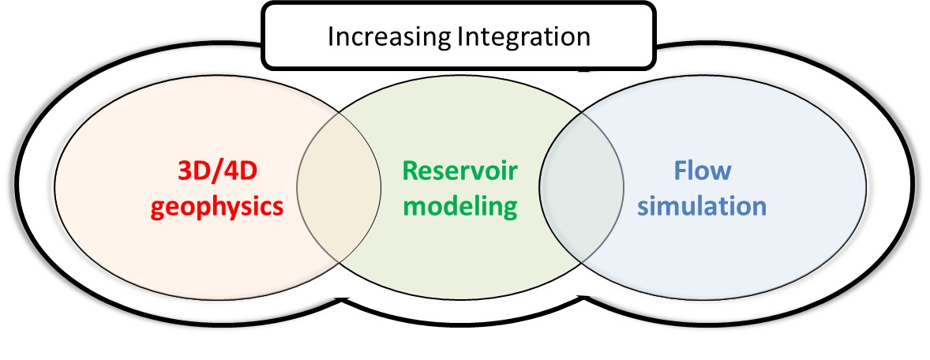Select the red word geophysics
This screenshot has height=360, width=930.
point(229,206)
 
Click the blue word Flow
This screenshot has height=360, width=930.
point(703,171)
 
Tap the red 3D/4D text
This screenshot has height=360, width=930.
point(229,171)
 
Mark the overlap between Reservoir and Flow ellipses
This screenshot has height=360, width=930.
point(580,189)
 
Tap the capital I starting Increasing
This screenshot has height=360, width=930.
point(332,36)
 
